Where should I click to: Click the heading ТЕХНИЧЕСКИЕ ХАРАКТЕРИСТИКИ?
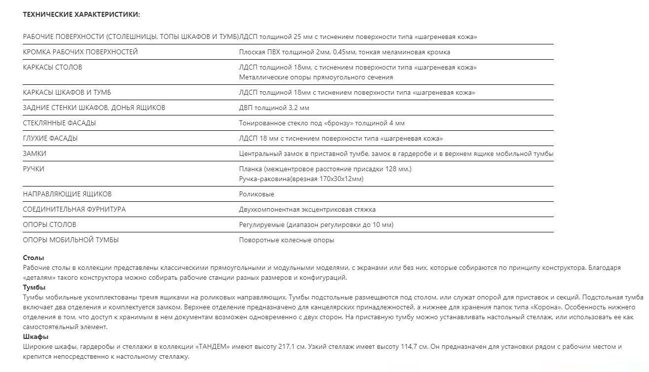coord(81,15)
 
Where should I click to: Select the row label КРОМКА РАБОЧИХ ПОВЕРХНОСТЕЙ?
coord(80,52)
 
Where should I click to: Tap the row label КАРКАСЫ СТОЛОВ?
coord(52,67)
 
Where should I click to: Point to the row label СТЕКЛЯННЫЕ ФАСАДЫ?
coord(59,123)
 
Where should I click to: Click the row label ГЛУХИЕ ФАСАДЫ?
coord(50,138)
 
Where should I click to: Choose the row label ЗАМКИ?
coord(35,153)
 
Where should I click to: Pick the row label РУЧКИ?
coord(34,169)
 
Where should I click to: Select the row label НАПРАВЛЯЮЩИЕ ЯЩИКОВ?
coord(67,194)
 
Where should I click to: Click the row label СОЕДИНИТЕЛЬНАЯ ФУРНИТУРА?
coord(74,209)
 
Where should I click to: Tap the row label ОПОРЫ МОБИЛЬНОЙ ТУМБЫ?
coord(71,240)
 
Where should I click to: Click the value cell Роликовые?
coord(256,194)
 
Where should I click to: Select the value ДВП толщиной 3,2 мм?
coord(274,108)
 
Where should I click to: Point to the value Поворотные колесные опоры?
coord(286,240)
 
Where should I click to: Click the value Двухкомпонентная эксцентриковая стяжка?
coord(307,209)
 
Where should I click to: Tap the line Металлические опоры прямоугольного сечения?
coord(316,77)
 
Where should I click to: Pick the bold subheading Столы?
coord(34,258)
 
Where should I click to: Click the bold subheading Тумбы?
coord(34,287)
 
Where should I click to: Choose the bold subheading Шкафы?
coord(36,337)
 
